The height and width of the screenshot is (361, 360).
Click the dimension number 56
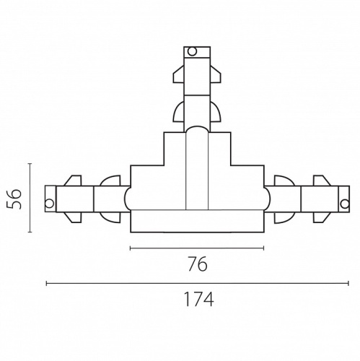[x=14, y=199]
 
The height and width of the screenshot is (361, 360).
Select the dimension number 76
[x=197, y=264]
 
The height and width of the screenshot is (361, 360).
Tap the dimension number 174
[x=198, y=299]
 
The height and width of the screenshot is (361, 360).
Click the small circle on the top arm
[x=192, y=51]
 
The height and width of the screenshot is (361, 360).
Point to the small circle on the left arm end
[x=50, y=204]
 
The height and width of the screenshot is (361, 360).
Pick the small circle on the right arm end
[x=345, y=204]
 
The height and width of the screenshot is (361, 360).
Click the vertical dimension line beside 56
[x=30, y=198]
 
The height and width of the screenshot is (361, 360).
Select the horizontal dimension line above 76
[x=197, y=248]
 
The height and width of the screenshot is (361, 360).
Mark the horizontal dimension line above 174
[x=198, y=284]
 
